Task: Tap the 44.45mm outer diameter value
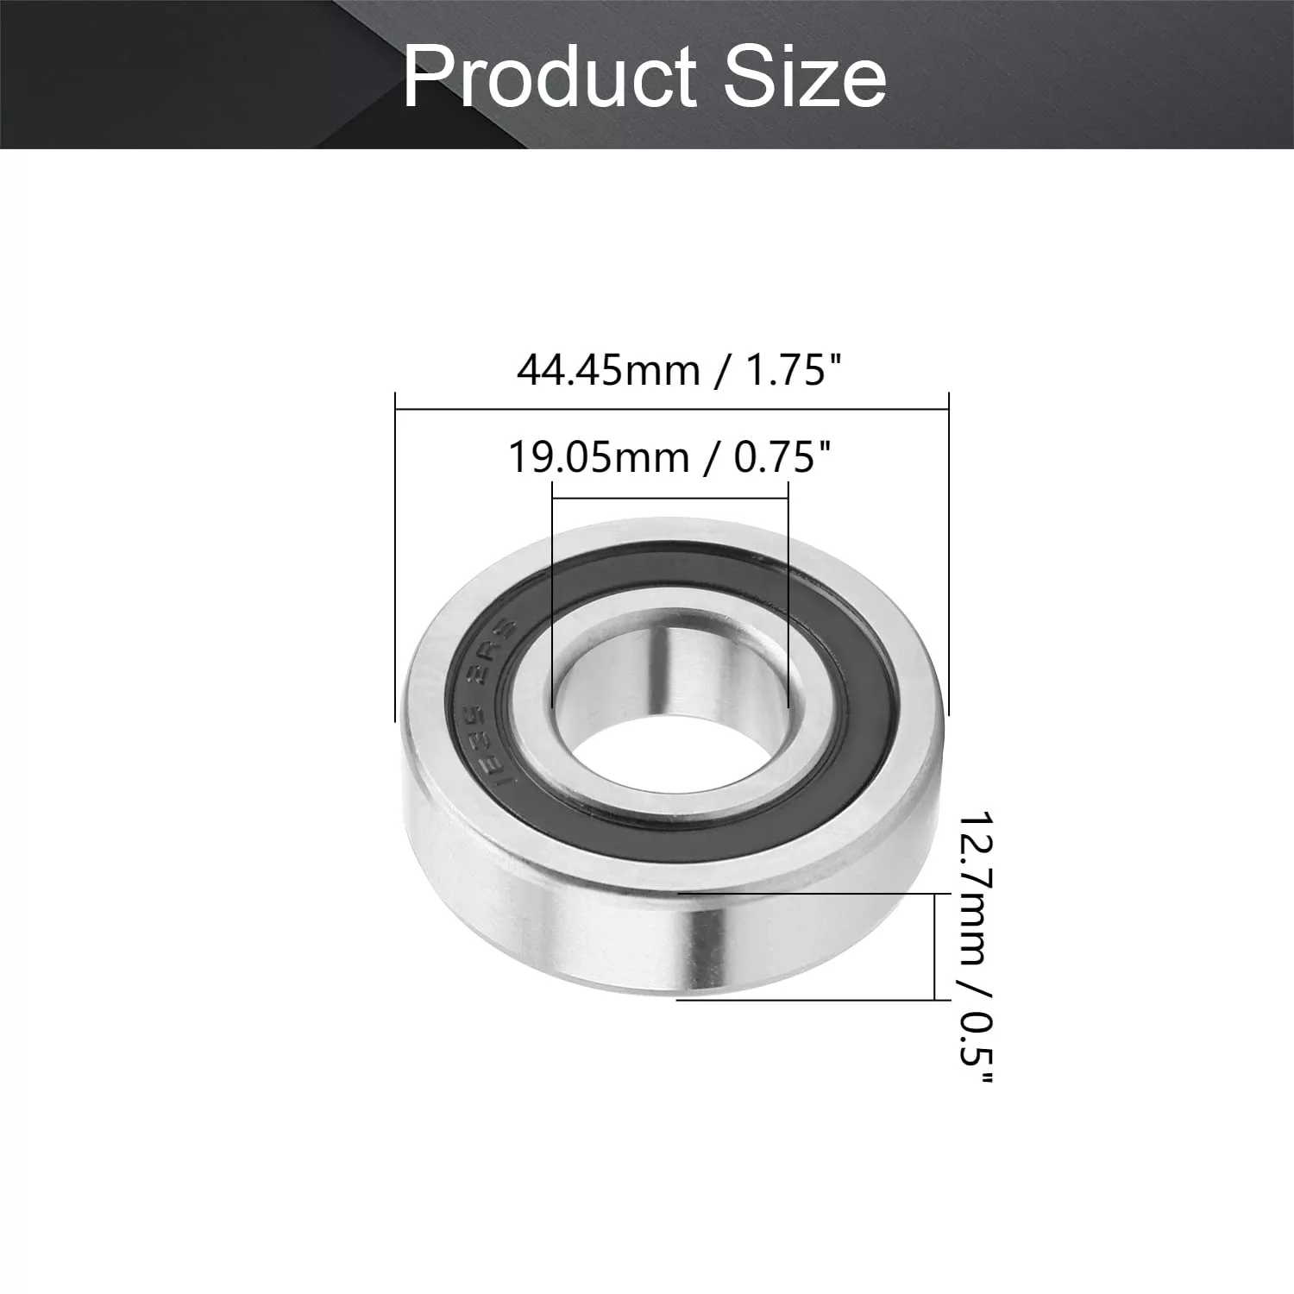coord(608,371)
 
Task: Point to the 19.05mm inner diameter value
coord(599,457)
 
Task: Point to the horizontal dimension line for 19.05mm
coord(670,498)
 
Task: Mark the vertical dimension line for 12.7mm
coord(935,946)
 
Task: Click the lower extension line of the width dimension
coord(802,1000)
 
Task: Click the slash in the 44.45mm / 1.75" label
coord(721,373)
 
